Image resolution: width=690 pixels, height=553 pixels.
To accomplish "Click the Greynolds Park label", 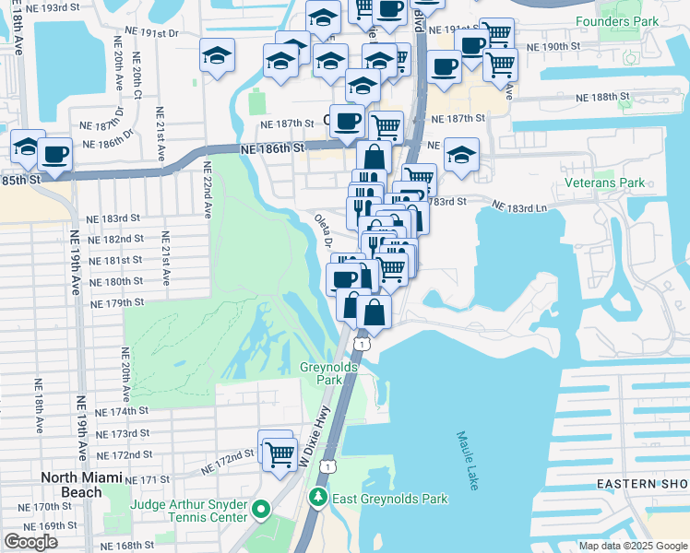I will click(322, 373).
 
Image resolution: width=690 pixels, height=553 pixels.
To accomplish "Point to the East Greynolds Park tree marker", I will click(317, 499).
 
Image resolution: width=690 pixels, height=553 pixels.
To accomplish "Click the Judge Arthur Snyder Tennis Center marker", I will click(261, 509).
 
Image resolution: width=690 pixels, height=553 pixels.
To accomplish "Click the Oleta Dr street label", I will click(323, 230).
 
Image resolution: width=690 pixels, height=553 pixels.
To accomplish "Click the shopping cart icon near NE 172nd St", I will click(280, 453).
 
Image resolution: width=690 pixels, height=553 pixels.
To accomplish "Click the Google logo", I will click(30, 542).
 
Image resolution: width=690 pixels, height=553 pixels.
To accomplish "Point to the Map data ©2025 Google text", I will click(633, 546).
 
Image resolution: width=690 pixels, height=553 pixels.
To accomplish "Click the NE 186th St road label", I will click(272, 148).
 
